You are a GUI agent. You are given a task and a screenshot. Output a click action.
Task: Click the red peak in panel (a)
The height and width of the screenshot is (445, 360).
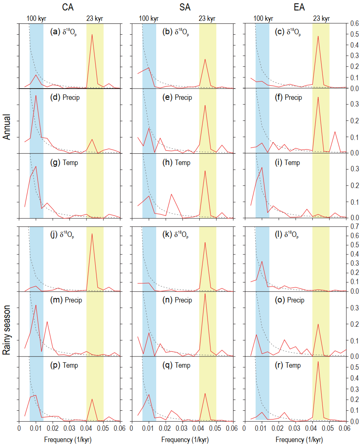[92, 34]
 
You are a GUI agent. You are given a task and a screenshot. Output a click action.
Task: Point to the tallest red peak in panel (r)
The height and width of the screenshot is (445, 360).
[318, 362]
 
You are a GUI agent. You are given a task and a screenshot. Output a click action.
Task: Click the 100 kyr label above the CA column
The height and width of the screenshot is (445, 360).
[35, 18]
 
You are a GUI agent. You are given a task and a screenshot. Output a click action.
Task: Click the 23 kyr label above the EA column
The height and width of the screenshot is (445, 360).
[321, 18]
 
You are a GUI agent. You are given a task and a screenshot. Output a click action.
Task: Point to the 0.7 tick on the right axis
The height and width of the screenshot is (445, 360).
[351, 226]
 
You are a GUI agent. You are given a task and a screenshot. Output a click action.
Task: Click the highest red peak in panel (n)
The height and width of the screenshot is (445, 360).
[205, 294]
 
